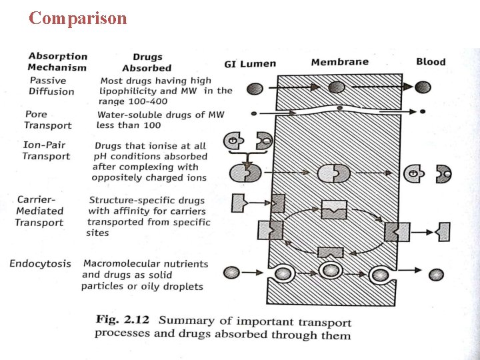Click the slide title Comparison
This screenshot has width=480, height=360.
click(x=77, y=18)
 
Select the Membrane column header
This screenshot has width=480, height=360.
click(x=340, y=63)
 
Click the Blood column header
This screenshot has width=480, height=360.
click(x=431, y=62)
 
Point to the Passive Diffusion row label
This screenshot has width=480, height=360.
click(x=51, y=86)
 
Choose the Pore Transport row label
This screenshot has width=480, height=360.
click(x=47, y=120)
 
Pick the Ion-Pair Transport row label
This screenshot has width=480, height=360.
click(x=46, y=151)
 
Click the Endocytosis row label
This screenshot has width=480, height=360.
click(x=40, y=263)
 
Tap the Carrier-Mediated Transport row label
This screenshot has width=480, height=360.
click(x=41, y=211)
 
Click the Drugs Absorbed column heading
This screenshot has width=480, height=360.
click(x=147, y=63)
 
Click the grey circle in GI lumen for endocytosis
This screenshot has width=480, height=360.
click(x=231, y=272)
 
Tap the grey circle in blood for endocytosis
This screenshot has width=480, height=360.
click(x=436, y=274)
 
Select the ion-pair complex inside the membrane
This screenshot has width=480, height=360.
click(x=333, y=173)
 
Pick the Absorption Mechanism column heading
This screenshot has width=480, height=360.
click(x=57, y=62)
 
